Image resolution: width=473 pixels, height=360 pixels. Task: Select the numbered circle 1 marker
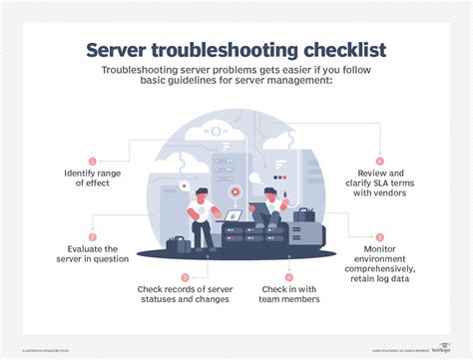click(93, 160)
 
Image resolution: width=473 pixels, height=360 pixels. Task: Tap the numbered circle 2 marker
click(93, 237)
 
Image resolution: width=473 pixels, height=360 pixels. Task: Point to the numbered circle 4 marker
click(289, 276)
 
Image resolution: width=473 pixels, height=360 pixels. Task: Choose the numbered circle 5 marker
click(380, 236)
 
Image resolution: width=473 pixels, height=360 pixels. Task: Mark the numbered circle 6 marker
click(380, 160)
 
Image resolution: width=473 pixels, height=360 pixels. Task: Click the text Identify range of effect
click(93, 180)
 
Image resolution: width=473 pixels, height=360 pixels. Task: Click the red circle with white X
click(234, 189)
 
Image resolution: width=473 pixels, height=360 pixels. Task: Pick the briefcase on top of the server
click(302, 213)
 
